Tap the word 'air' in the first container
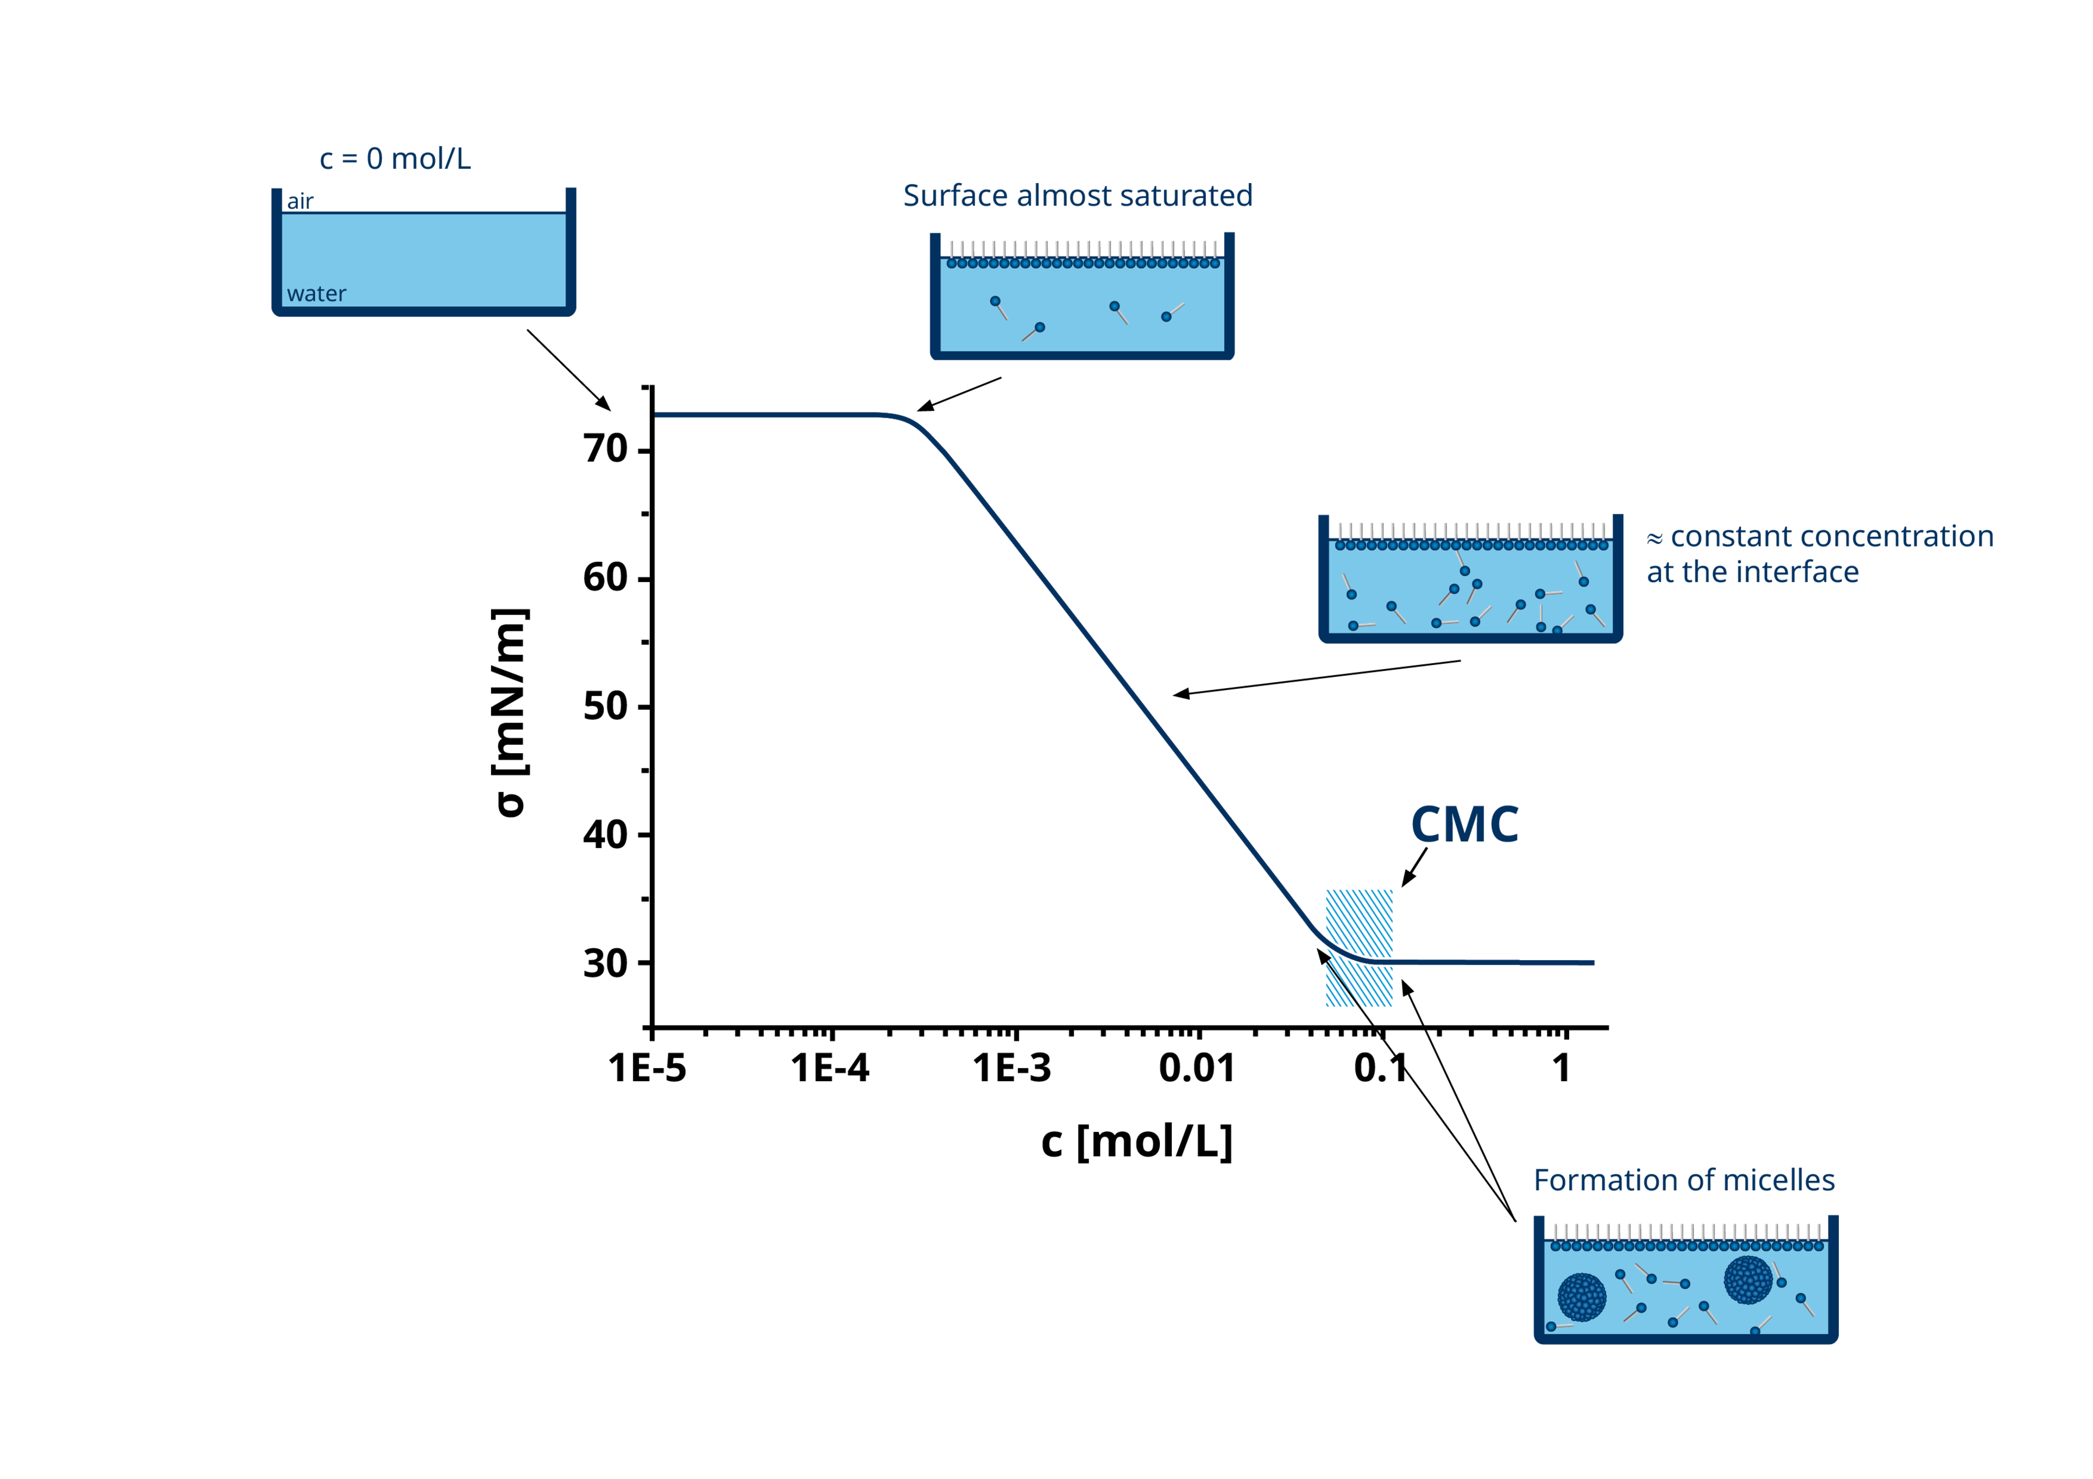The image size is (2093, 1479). (300, 201)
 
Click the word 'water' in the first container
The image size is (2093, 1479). (316, 293)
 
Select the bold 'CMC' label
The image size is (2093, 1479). (1464, 825)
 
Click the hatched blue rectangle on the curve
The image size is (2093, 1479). (1358, 948)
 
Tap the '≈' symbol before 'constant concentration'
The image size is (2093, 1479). (1655, 538)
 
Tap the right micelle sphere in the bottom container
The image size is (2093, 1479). (1747, 1280)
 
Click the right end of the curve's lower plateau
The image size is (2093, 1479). (1593, 962)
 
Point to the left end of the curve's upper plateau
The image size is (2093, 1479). (658, 416)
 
